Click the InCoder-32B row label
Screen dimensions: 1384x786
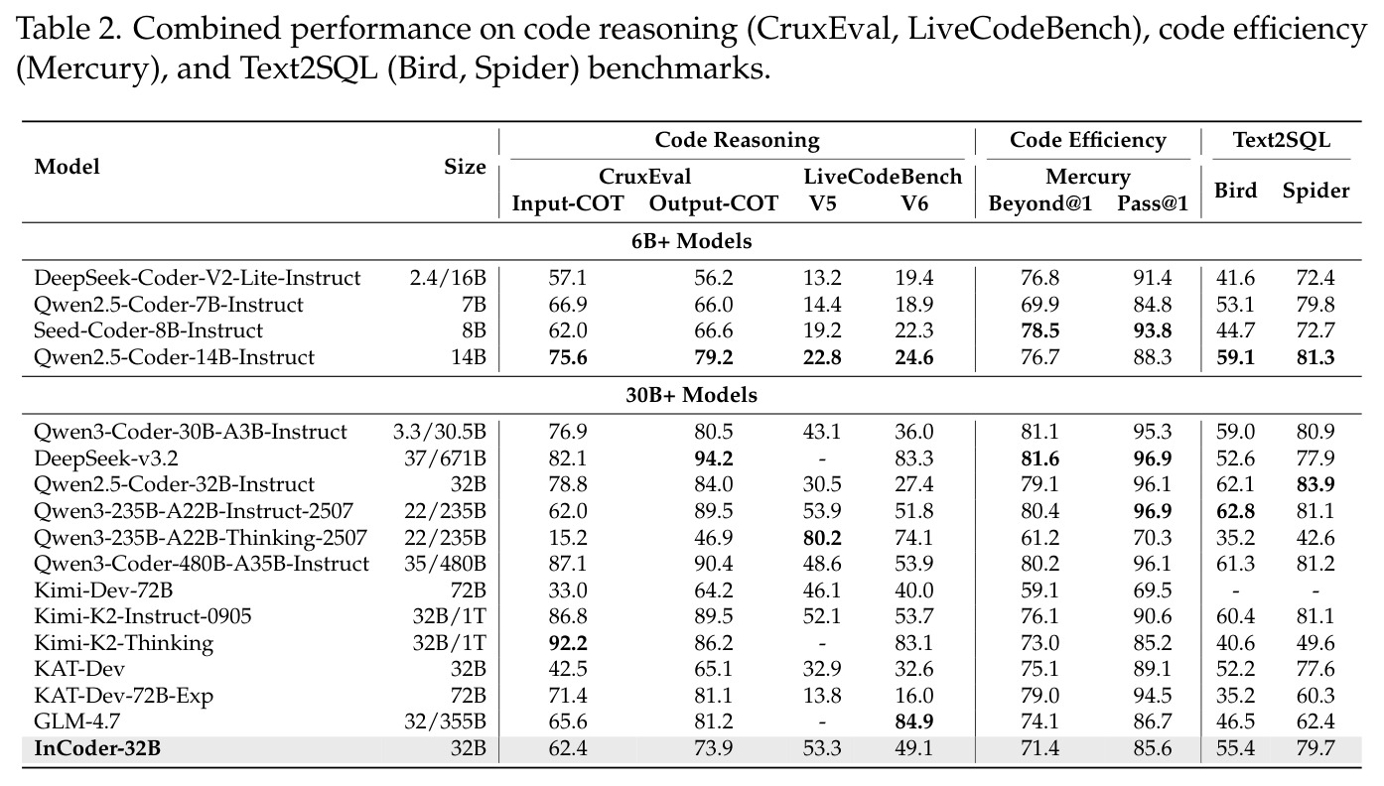[x=97, y=748]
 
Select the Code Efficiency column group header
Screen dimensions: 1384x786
[x=1088, y=140]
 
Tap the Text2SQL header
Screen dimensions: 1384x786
[x=1282, y=140]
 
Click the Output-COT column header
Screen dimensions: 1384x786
[x=713, y=203]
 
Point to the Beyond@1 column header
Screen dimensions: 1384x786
[x=1040, y=203]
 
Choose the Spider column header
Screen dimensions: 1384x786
[x=1315, y=191]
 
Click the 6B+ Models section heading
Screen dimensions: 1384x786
[x=691, y=241]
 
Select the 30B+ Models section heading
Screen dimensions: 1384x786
[x=691, y=395]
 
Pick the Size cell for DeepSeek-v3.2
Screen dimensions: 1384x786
[x=445, y=458]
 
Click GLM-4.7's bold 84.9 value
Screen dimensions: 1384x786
[x=914, y=721]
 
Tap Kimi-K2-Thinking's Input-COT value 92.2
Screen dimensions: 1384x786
[x=568, y=643]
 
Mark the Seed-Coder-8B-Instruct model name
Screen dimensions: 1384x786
[x=148, y=330]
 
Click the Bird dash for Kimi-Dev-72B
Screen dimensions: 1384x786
[x=1235, y=590]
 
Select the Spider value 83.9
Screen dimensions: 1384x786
[x=1315, y=484]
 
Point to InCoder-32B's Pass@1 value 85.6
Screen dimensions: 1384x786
[x=1153, y=748]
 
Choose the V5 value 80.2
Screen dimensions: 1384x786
[x=822, y=538]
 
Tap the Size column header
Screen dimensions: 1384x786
[x=465, y=167]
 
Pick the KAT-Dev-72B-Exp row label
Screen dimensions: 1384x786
[x=123, y=696]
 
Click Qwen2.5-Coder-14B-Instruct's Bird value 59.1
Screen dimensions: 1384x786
[x=1235, y=357]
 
